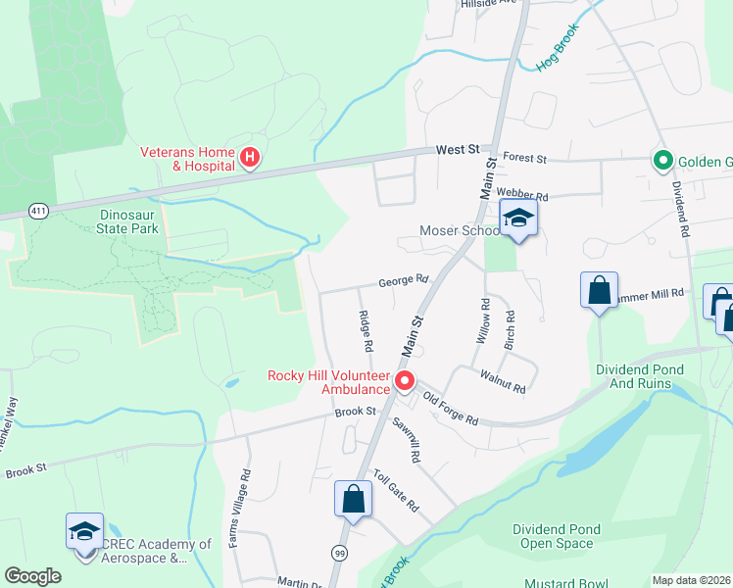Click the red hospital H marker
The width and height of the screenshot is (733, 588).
click(250, 157)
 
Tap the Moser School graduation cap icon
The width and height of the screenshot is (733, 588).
click(518, 219)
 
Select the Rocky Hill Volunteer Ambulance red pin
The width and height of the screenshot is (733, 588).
click(404, 381)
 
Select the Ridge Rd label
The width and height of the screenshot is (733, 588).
click(365, 331)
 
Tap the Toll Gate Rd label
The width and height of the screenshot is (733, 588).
click(396, 491)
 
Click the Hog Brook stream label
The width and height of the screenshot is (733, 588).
click(559, 47)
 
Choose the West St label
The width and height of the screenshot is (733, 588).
click(458, 149)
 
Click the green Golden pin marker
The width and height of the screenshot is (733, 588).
click(662, 161)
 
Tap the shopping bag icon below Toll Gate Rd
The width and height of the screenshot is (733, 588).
click(353, 499)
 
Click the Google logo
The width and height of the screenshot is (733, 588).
click(32, 576)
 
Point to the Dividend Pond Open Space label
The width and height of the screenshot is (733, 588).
click(553, 536)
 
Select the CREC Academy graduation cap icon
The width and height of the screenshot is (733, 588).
click(84, 532)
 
